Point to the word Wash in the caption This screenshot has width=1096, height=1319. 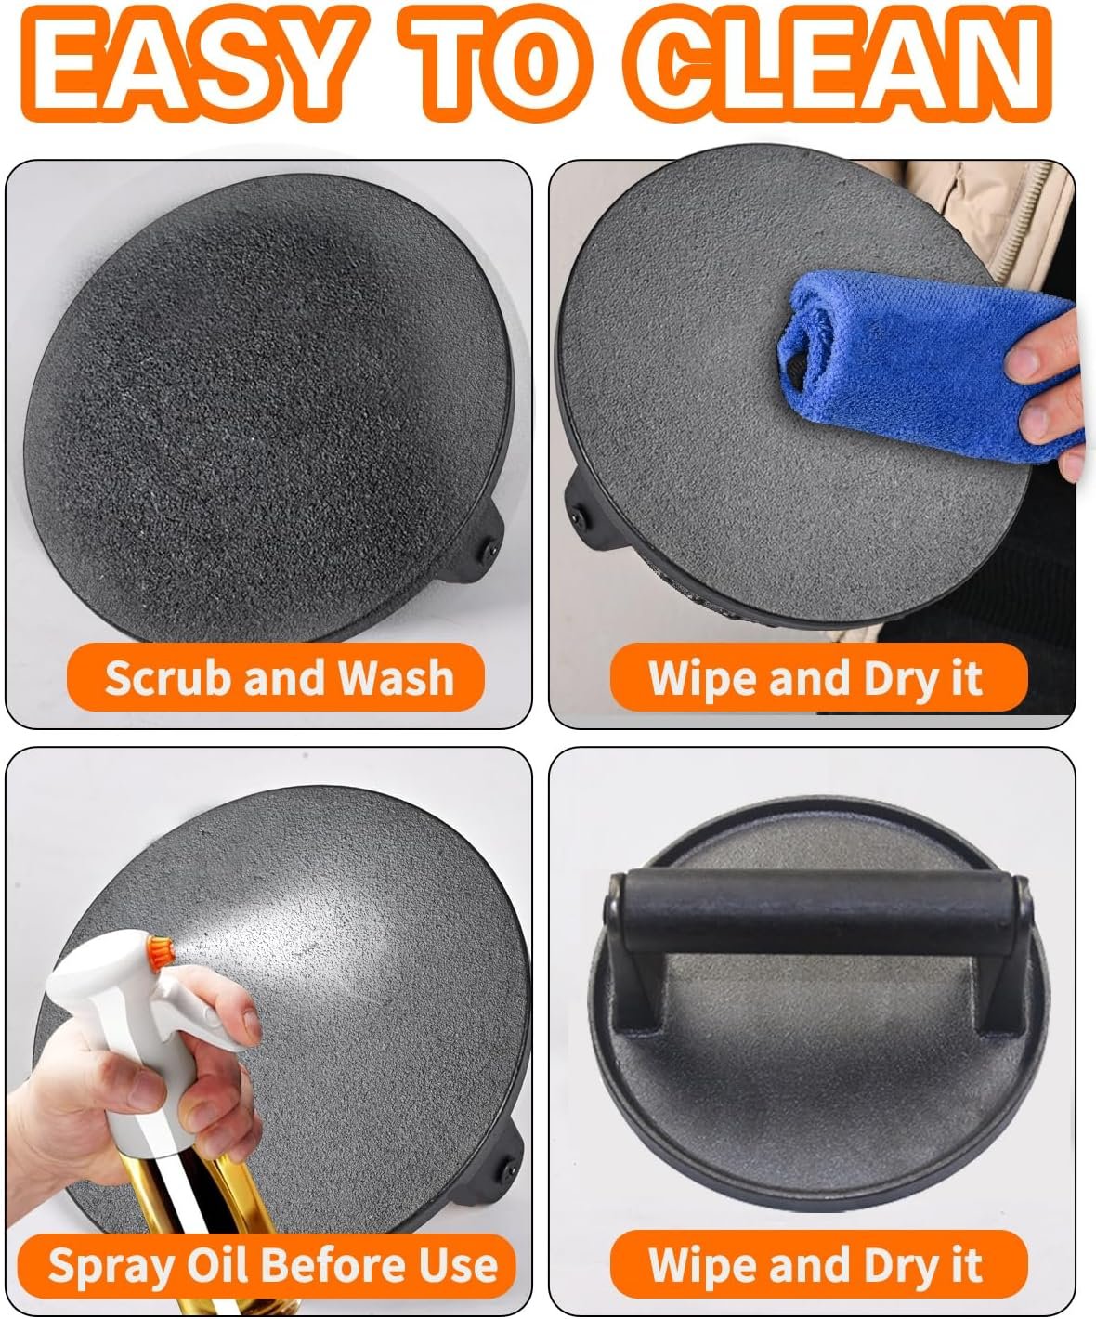click(x=396, y=678)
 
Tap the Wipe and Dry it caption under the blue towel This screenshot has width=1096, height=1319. click(x=818, y=678)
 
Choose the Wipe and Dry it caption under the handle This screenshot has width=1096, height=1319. click(x=818, y=1264)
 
